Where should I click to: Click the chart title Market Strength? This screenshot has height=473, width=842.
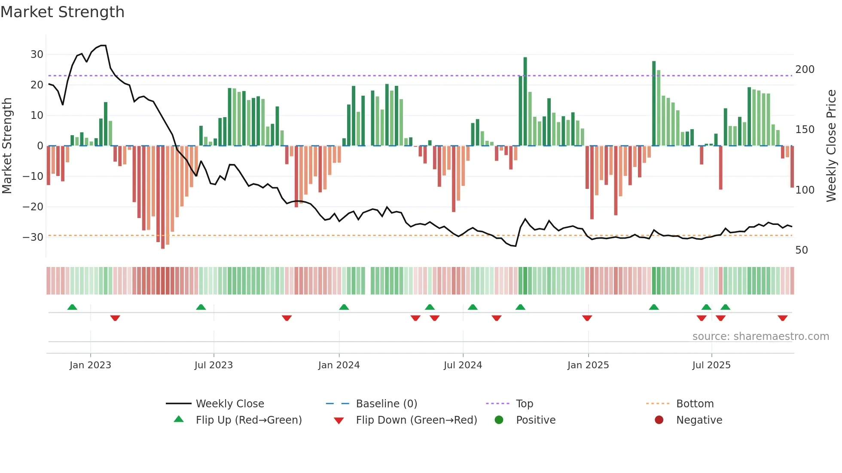click(62, 12)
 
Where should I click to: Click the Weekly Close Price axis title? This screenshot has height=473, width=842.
click(831, 146)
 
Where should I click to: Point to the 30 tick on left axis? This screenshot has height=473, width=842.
click(37, 55)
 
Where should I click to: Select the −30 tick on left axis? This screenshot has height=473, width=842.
click(33, 237)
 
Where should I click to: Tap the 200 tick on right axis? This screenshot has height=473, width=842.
click(805, 70)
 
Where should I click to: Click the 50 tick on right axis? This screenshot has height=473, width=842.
click(801, 250)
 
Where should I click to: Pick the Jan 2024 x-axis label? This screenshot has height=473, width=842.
click(339, 365)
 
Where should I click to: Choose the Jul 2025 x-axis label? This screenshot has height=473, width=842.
click(711, 365)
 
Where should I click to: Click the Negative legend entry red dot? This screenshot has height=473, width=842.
click(659, 420)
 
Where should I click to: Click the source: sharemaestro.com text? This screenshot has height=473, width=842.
click(760, 337)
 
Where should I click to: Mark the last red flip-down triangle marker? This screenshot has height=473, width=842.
click(782, 318)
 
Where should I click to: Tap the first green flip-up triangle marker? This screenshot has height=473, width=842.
click(72, 307)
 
